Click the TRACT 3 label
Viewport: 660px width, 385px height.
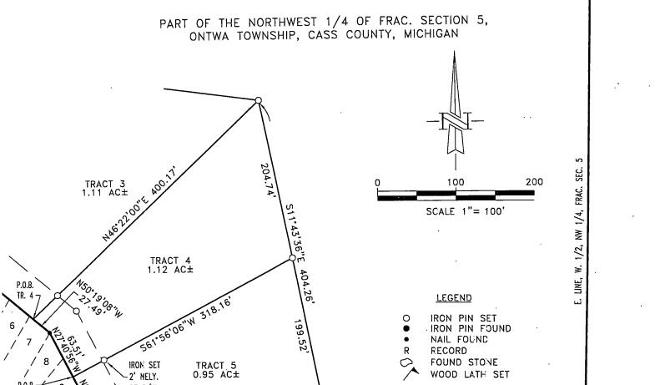[104, 188]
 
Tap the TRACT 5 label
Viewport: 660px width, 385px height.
[216, 370]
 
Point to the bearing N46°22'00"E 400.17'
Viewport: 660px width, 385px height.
[141, 204]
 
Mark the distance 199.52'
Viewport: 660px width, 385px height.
[303, 337]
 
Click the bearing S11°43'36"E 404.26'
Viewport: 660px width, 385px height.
[297, 251]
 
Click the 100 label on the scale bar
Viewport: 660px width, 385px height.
[456, 182]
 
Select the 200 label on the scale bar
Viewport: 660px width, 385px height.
[533, 182]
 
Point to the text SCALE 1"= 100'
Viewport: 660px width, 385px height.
[456, 211]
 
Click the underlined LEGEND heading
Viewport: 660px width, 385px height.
[453, 298]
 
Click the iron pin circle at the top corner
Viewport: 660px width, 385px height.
[259, 101]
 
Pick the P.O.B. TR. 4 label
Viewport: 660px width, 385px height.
[25, 290]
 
